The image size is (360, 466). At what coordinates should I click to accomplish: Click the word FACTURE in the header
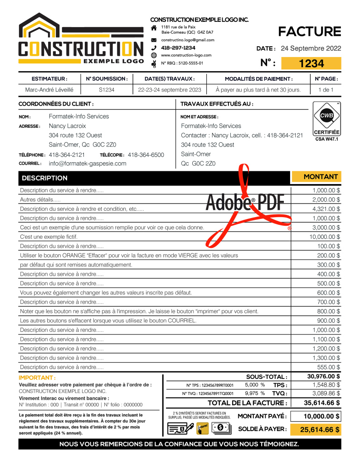[309, 31]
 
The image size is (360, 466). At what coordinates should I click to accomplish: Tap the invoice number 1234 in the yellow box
[311, 63]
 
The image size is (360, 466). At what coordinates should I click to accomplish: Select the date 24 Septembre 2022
[311, 49]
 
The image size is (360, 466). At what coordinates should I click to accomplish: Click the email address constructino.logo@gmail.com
[188, 40]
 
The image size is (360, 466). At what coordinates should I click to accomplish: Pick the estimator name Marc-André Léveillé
[49, 90]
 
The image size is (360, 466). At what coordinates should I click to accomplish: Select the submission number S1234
[107, 90]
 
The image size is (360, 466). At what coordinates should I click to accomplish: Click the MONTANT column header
[321, 177]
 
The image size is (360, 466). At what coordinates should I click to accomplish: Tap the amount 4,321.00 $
[326, 209]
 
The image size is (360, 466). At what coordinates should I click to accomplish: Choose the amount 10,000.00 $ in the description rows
[325, 237]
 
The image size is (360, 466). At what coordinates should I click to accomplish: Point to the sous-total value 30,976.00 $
[324, 376]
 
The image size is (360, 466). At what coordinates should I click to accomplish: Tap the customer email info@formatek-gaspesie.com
[88, 164]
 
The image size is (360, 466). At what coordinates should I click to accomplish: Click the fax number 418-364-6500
[146, 155]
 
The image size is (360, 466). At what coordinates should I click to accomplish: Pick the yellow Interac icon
[202, 427]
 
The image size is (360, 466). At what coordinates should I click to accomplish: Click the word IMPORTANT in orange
[37, 378]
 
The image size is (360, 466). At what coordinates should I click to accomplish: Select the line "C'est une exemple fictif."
[49, 237]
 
